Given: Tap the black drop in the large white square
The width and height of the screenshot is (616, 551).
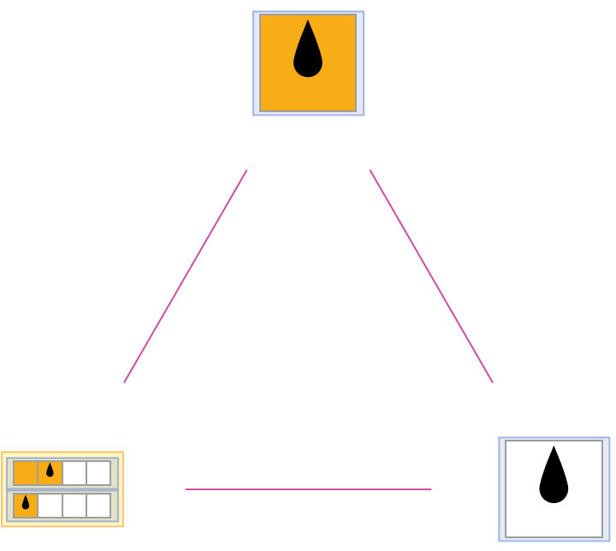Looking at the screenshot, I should pyautogui.click(x=554, y=477).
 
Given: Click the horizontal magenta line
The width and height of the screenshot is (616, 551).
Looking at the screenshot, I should pyautogui.click(x=308, y=489).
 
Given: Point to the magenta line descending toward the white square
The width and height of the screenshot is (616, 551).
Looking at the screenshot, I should pyautogui.click(x=431, y=275).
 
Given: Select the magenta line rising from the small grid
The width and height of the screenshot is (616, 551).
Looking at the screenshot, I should pyautogui.click(x=186, y=275).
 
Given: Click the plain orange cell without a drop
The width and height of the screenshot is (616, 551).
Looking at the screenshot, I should pyautogui.click(x=26, y=472).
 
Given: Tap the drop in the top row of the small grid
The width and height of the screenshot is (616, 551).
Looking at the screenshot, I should pyautogui.click(x=50, y=471).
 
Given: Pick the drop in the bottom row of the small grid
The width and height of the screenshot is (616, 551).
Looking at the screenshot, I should pyautogui.click(x=26, y=503).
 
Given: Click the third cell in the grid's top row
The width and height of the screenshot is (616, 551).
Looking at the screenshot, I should pyautogui.click(x=74, y=472).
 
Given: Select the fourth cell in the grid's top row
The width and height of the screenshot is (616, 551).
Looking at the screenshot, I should pyautogui.click(x=98, y=472).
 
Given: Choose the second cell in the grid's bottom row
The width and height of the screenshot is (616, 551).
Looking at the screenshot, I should pyautogui.click(x=50, y=505).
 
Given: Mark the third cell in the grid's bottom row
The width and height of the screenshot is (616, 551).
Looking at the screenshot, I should pyautogui.click(x=74, y=505).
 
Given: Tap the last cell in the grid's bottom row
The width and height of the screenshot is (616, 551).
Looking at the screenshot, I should pyautogui.click(x=98, y=505).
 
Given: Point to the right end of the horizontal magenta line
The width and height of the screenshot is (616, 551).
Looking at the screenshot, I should pyautogui.click(x=430, y=489).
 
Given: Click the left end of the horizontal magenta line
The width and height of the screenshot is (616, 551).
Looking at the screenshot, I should pyautogui.click(x=186, y=489).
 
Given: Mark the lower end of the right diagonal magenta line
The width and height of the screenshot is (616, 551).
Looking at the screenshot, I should pyautogui.click(x=492, y=382).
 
